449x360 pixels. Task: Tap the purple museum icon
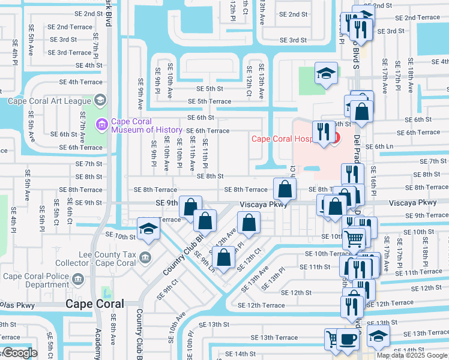101,125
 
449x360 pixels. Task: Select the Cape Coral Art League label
49,100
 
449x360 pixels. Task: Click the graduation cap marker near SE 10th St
148,229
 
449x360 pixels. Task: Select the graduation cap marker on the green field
326,74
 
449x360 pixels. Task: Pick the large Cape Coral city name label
95,304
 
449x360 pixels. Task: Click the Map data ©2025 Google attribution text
412,355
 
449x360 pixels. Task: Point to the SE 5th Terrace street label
209,101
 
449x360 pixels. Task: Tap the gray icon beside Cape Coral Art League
100,100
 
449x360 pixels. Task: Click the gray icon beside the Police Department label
77,279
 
